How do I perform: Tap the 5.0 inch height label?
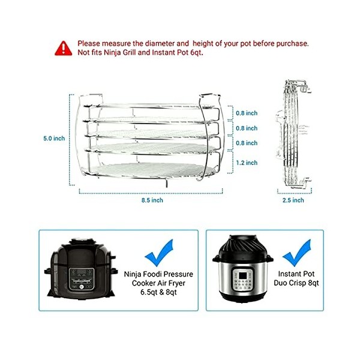pyautogui.click(x=54, y=139)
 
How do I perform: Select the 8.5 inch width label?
pyautogui.click(x=152, y=200)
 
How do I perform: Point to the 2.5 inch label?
pyautogui.click(x=293, y=200)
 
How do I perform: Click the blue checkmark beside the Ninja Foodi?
pyautogui.click(x=158, y=253)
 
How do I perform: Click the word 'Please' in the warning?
pyautogui.click(x=89, y=43)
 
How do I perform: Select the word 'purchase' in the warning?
pyautogui.click(x=292, y=43)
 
